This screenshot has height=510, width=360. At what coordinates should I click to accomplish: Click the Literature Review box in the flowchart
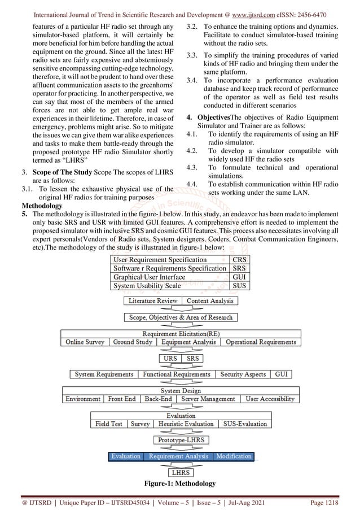coord(153,301)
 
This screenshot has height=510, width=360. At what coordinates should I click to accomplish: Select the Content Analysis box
coord(209,301)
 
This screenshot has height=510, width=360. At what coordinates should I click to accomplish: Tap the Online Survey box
coord(85,342)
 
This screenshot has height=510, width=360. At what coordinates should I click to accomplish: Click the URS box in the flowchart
coord(170,358)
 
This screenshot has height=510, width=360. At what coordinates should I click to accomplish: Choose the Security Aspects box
coord(243,374)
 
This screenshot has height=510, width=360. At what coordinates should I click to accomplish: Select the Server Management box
coord(208,399)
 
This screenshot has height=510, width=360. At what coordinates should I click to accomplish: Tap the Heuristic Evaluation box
coord(186,424)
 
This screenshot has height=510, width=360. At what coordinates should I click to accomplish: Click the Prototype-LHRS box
coord(181,439)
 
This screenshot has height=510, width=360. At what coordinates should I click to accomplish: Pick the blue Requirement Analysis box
coord(178,456)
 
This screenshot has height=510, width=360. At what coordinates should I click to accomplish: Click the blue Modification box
coord(234,456)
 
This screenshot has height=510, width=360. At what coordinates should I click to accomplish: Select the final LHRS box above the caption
coord(181,472)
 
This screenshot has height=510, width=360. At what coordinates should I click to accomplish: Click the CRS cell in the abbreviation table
coord(239,260)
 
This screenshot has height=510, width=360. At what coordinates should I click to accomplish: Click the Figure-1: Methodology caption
coord(180,484)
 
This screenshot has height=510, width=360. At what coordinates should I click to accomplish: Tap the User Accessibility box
coord(270,399)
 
